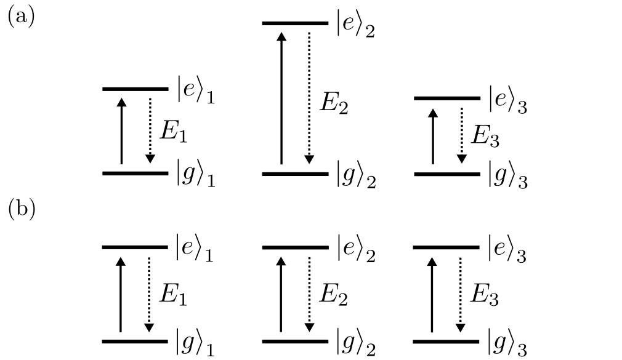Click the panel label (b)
click(21, 209)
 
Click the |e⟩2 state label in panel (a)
click(356, 28)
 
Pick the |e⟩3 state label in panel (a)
click(508, 100)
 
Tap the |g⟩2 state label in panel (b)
click(356, 344)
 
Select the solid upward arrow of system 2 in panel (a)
click(281, 98)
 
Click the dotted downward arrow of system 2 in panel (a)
click(309, 98)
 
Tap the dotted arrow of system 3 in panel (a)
click(461, 136)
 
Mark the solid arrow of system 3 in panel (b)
click(432, 294)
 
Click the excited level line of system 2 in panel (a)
click(295, 24)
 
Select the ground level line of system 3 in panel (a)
click(446, 174)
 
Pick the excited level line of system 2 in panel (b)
click(295, 248)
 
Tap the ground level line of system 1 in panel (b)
click(135, 341)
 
